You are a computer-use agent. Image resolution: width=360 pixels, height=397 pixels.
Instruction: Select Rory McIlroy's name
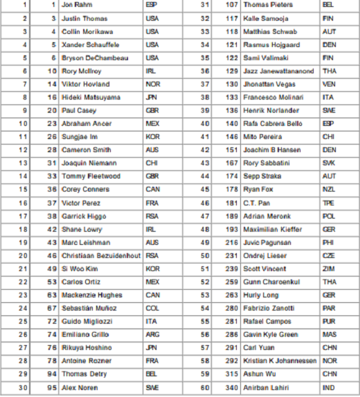click(82, 71)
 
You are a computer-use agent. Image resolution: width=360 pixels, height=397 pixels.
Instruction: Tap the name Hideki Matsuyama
click(90, 98)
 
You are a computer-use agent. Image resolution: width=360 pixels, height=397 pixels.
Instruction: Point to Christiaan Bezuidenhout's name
click(101, 256)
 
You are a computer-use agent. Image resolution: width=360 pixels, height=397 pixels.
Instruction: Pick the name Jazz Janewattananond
click(278, 71)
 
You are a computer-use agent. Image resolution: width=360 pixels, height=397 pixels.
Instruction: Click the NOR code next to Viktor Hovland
click(152, 84)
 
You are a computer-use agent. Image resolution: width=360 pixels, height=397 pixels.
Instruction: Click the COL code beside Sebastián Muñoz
click(152, 308)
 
